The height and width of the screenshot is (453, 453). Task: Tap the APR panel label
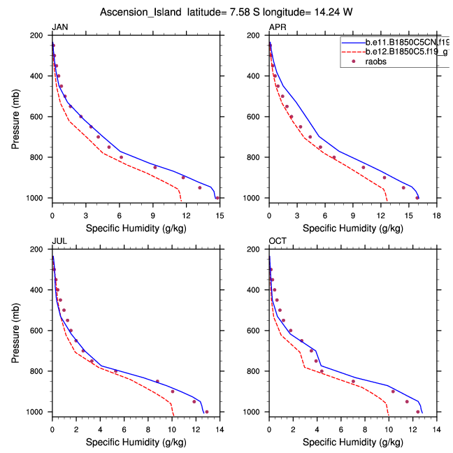(x=277, y=27)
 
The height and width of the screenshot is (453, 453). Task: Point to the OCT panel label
(x=278, y=241)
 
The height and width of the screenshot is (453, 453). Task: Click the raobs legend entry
(x=378, y=62)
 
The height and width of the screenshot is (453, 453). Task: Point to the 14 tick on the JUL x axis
(x=220, y=422)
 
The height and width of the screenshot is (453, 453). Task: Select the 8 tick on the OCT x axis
(x=365, y=422)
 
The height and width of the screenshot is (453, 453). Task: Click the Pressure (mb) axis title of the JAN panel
(x=16, y=117)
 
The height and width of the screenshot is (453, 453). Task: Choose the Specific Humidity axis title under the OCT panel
(x=353, y=442)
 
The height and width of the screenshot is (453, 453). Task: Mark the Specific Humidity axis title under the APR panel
(x=353, y=228)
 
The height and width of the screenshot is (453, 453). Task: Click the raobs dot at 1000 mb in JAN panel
(x=217, y=198)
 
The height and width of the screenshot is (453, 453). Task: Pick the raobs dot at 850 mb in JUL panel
(x=157, y=382)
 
